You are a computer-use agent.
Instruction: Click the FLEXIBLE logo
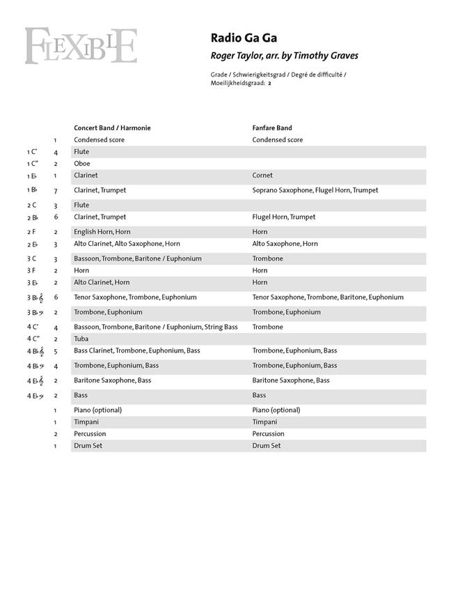click(x=81, y=46)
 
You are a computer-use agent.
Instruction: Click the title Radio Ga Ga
click(x=235, y=39)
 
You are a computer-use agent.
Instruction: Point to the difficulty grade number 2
click(x=269, y=83)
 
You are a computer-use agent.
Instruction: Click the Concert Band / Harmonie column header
click(x=112, y=128)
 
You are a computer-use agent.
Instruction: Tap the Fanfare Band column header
click(x=272, y=128)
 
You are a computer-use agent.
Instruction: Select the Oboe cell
click(x=82, y=164)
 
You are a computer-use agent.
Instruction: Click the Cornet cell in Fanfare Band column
click(x=262, y=176)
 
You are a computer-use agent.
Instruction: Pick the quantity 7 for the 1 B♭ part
click(x=56, y=190)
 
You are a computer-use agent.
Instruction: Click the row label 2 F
click(x=31, y=232)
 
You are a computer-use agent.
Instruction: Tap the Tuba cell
click(x=81, y=339)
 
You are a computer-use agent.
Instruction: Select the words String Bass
click(x=221, y=327)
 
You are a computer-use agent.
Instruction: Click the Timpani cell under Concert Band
click(x=86, y=422)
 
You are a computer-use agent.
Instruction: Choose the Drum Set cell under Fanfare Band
click(x=267, y=446)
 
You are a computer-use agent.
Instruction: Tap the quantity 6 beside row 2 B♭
click(x=56, y=217)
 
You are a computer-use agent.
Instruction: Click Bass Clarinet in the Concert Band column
click(x=93, y=350)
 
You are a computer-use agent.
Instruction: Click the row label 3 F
click(x=31, y=270)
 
